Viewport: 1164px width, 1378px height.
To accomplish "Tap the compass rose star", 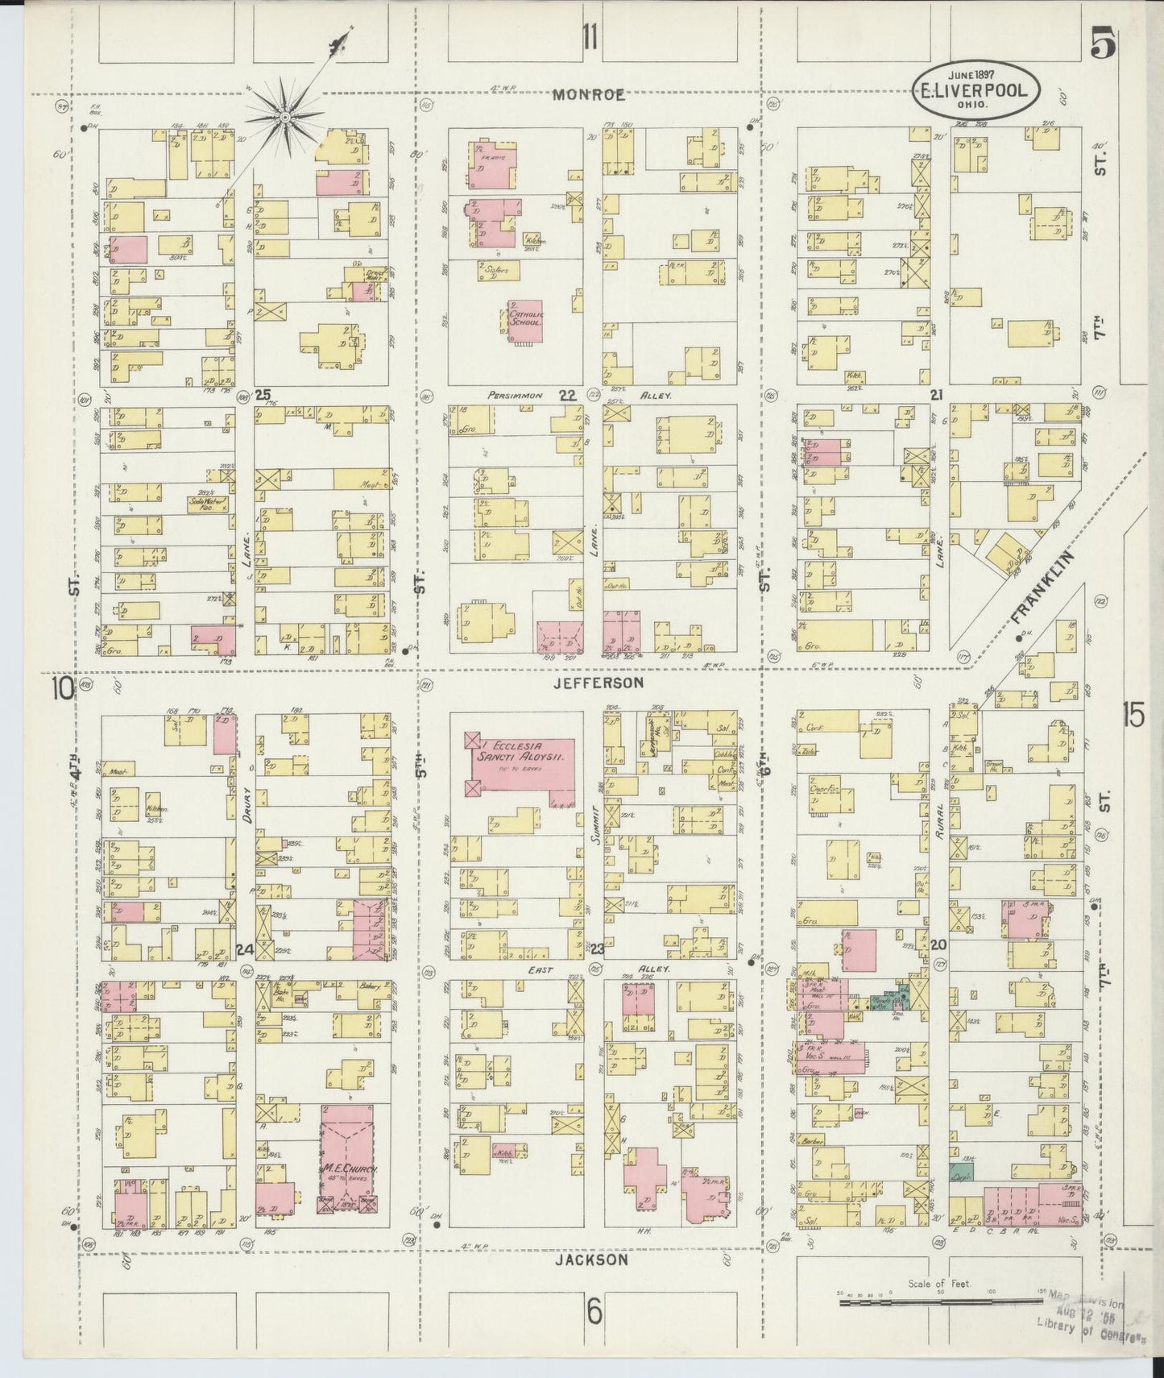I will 284,120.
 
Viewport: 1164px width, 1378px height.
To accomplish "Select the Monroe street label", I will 589,95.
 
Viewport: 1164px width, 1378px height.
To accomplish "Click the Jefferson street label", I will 598,683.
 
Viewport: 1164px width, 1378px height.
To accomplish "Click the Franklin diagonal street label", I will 1043,587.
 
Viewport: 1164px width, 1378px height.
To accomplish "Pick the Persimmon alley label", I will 516,396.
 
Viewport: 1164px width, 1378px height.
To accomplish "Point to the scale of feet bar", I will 939,1300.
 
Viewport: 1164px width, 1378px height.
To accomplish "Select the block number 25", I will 262,395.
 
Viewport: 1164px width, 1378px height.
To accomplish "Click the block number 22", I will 569,395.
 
